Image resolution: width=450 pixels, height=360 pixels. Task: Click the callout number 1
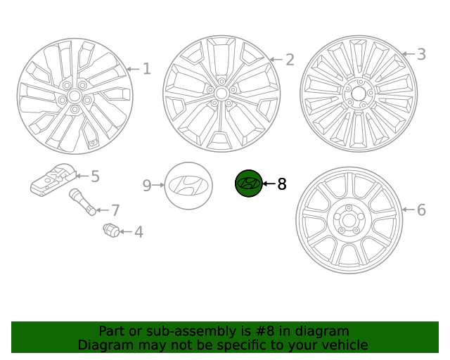(146, 69)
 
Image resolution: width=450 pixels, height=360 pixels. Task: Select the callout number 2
(290, 60)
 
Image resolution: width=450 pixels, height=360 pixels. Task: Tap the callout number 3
(421, 54)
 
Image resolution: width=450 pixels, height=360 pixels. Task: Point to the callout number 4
(139, 231)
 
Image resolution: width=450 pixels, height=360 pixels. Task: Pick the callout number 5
(95, 176)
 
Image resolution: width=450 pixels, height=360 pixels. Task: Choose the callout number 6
(421, 210)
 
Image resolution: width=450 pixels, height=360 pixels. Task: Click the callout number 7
(115, 210)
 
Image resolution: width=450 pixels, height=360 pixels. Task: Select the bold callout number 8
(282, 184)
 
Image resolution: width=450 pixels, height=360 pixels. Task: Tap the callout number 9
(147, 186)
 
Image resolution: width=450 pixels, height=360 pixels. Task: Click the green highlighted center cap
(248, 184)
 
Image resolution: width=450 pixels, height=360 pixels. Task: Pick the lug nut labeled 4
(112, 230)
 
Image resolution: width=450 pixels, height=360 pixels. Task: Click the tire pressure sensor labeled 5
(52, 181)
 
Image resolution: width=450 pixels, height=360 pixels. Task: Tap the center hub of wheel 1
(74, 94)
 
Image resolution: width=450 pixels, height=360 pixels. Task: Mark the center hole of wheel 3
(359, 92)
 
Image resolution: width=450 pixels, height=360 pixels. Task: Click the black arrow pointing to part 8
(269, 184)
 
